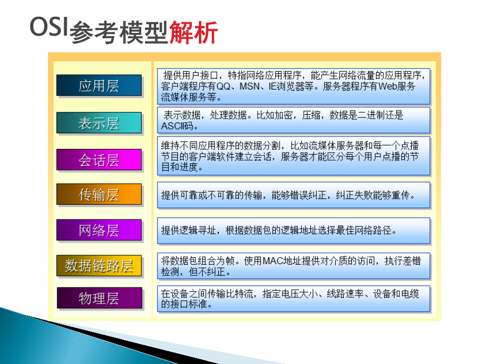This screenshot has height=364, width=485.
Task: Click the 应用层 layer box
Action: click(x=99, y=85)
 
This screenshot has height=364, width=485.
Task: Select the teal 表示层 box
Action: click(x=99, y=123)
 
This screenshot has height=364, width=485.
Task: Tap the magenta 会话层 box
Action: click(x=99, y=160)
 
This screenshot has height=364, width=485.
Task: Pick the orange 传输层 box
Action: click(x=99, y=194)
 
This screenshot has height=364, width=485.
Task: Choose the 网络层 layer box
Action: click(x=99, y=230)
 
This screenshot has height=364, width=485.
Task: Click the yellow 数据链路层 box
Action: click(x=99, y=265)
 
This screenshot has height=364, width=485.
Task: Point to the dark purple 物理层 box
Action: click(x=100, y=298)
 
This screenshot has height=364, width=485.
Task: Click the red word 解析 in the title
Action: click(x=193, y=32)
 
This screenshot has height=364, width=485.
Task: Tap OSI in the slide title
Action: click(x=48, y=26)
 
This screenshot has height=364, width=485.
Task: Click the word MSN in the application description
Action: click(x=250, y=86)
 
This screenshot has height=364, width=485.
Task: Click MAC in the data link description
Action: click(x=273, y=261)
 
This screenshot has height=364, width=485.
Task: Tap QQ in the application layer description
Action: click(x=223, y=86)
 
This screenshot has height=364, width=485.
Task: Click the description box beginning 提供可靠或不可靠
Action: click(x=294, y=195)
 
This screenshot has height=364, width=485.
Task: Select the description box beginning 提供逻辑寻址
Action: click(x=294, y=231)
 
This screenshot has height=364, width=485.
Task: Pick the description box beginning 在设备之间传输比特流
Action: click(x=294, y=298)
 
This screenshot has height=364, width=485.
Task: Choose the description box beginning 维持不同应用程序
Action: click(x=294, y=156)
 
